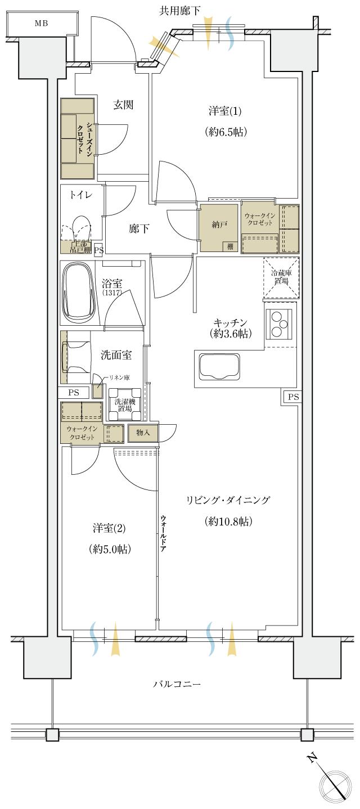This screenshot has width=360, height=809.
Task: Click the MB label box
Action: [42, 24]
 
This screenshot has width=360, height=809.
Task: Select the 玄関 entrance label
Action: [123, 105]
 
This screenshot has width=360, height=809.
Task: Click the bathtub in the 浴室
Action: [79, 294]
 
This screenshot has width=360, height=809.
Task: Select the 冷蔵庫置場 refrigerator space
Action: [281, 277]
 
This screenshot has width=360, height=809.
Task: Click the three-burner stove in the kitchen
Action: [280, 324]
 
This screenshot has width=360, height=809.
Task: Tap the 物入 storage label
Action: [143, 432]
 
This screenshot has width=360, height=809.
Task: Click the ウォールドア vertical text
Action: [163, 534]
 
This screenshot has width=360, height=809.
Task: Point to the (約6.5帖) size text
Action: [226, 132]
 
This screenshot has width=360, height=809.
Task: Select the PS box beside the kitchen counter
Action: [292, 397]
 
